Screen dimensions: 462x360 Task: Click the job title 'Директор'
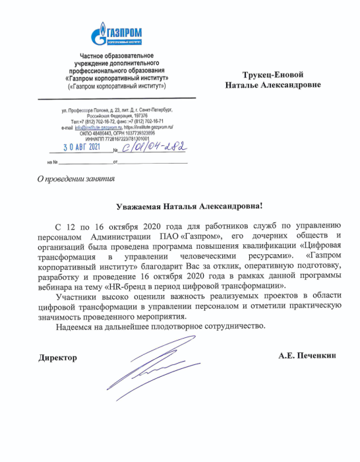pos(57,357)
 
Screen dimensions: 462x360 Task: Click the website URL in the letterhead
pos(154,126)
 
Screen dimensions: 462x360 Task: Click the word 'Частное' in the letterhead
pos(93,55)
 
